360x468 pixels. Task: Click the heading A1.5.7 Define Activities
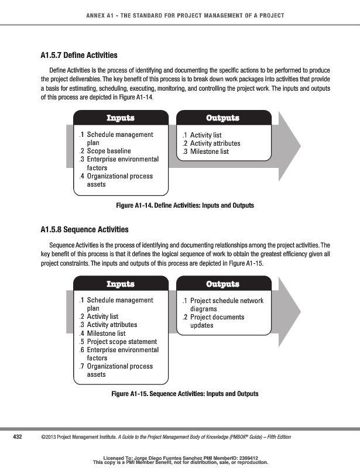point(75,56)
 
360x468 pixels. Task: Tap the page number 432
point(18,436)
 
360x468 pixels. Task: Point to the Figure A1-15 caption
point(184,394)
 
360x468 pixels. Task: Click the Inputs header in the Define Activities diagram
point(120,118)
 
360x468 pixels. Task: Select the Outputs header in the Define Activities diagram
point(223,118)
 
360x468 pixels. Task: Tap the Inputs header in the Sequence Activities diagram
point(120,284)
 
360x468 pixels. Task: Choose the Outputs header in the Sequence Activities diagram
point(223,284)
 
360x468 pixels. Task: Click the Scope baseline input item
point(109,151)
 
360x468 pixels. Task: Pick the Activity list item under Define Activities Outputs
point(205,135)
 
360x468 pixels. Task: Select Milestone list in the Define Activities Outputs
point(209,152)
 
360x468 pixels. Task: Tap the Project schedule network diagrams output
point(226,305)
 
